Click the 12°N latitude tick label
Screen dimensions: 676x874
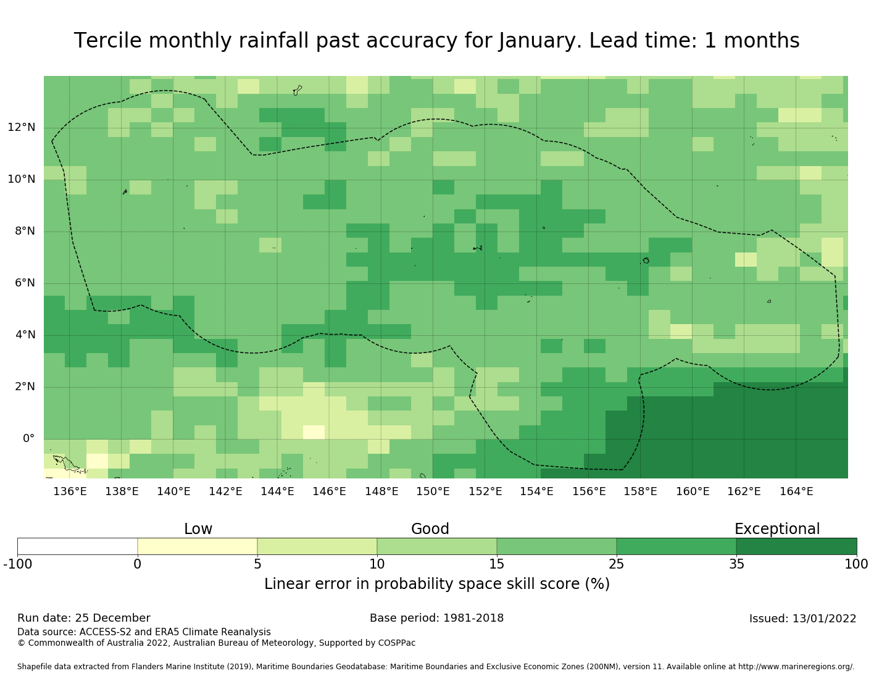click(22, 128)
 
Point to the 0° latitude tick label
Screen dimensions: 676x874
click(28, 439)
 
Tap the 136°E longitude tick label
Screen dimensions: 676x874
click(70, 491)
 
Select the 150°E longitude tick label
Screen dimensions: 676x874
click(433, 491)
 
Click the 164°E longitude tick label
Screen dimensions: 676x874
click(796, 491)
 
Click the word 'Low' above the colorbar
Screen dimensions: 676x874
click(198, 529)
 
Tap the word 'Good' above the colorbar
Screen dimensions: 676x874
click(430, 529)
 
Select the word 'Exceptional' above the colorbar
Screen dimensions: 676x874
click(777, 529)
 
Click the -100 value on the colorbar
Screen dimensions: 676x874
click(17, 564)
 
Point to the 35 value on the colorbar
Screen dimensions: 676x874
click(736, 564)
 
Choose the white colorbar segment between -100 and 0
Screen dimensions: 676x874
click(77, 546)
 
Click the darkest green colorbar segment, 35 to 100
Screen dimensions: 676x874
click(796, 546)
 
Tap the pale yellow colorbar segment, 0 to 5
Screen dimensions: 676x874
click(197, 546)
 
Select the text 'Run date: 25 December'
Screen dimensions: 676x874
click(84, 619)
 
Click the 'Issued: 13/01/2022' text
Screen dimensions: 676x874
click(802, 619)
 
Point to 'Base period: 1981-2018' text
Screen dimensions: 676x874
click(436, 619)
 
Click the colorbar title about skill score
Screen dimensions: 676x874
click(436, 584)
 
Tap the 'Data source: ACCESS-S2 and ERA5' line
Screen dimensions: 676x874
click(144, 632)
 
